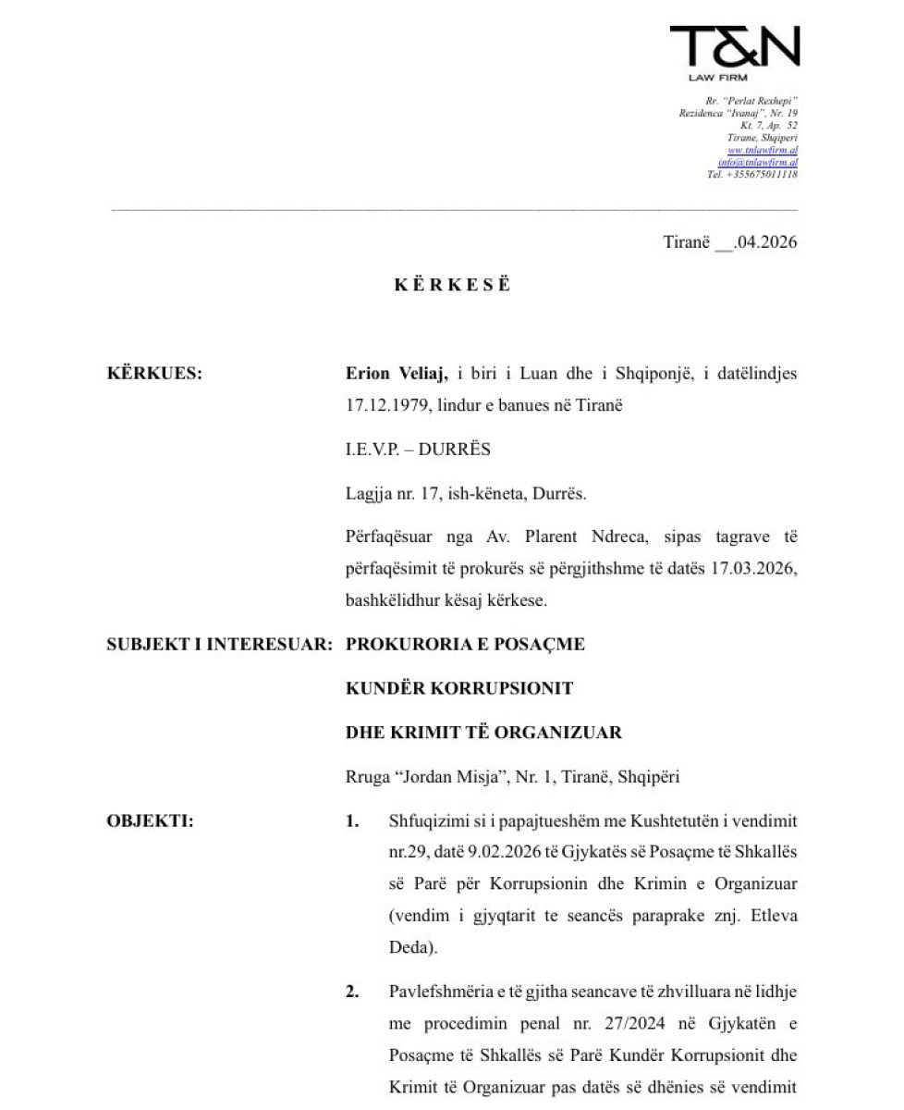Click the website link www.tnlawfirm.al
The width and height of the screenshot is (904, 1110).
[763, 150]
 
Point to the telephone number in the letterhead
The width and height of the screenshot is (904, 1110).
[752, 174]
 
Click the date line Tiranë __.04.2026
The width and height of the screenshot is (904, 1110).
[729, 242]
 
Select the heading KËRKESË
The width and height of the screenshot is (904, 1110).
[452, 285]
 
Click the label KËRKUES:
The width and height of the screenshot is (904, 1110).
[154, 375]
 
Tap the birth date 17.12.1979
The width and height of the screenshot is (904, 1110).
[379, 405]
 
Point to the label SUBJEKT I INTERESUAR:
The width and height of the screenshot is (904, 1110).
[219, 644]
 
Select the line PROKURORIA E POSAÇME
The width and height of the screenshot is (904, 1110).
[465, 644]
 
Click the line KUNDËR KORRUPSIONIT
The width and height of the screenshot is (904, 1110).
[459, 688]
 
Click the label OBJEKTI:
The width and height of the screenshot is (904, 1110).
[150, 821]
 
